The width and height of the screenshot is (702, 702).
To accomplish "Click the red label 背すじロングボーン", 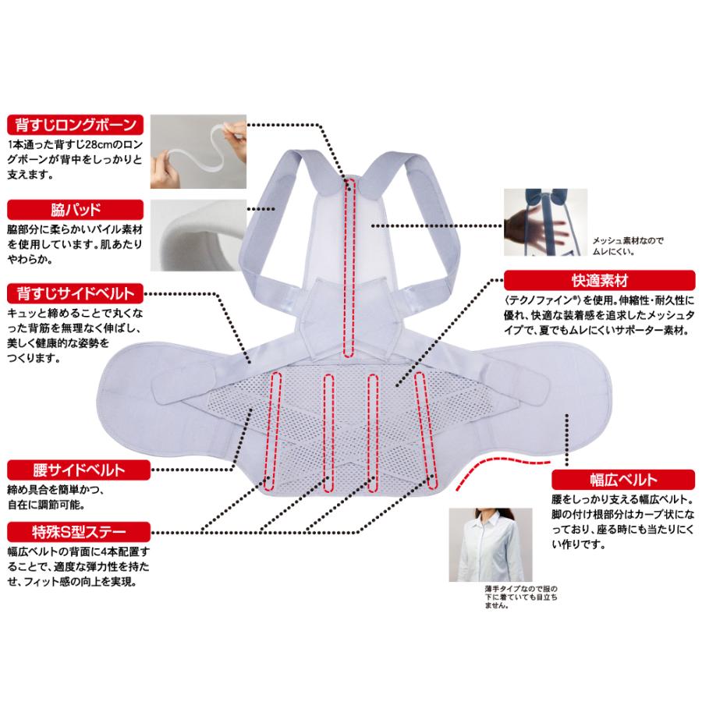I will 75,125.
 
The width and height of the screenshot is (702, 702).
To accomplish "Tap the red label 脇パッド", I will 75,209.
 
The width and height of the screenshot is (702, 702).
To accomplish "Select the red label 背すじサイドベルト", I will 75,293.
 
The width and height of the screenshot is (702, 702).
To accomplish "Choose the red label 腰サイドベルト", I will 75,470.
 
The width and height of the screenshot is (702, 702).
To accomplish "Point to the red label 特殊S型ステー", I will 75,533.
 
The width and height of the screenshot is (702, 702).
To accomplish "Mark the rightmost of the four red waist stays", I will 425,432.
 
